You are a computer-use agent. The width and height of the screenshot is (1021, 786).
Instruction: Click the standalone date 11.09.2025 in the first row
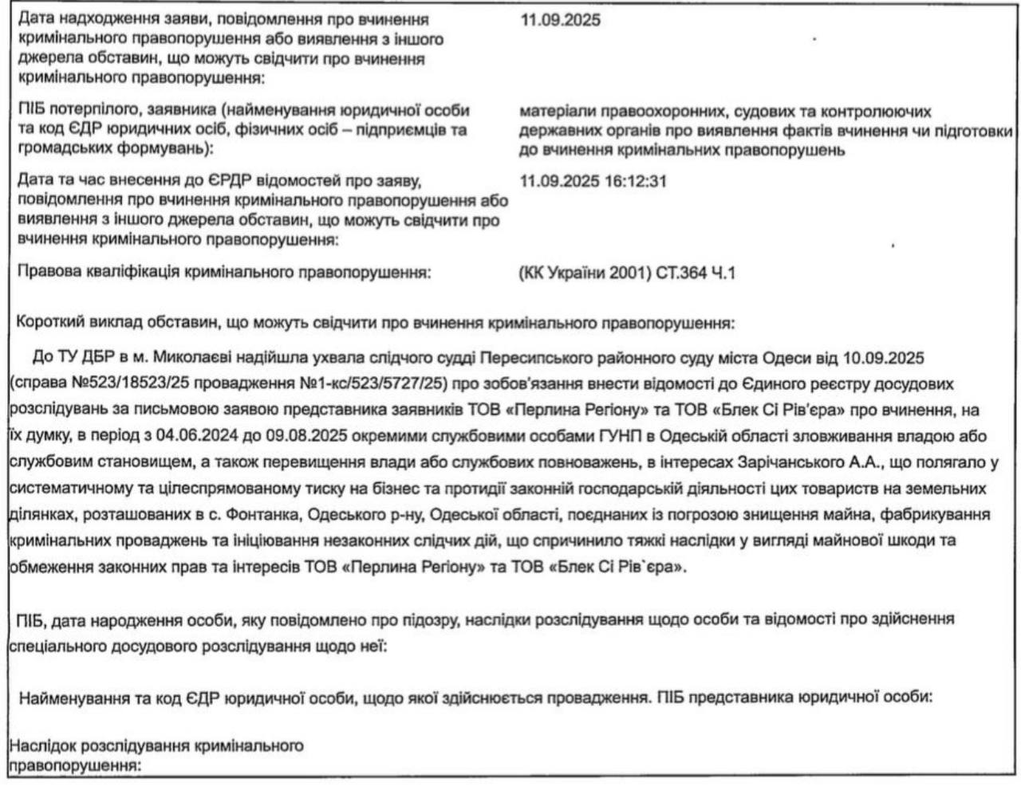click(559, 20)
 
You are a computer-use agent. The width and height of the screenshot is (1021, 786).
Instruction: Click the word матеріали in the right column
click(555, 112)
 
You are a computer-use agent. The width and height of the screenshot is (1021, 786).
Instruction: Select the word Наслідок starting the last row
click(39, 746)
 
